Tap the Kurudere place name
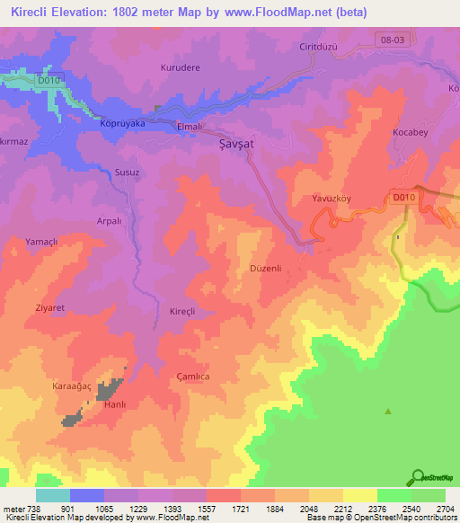[x=180, y=68]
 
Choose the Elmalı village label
[x=193, y=127]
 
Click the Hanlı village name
[x=116, y=405]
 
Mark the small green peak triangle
[x=388, y=412]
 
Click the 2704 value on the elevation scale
[x=443, y=508]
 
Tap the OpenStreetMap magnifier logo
[x=418, y=476]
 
